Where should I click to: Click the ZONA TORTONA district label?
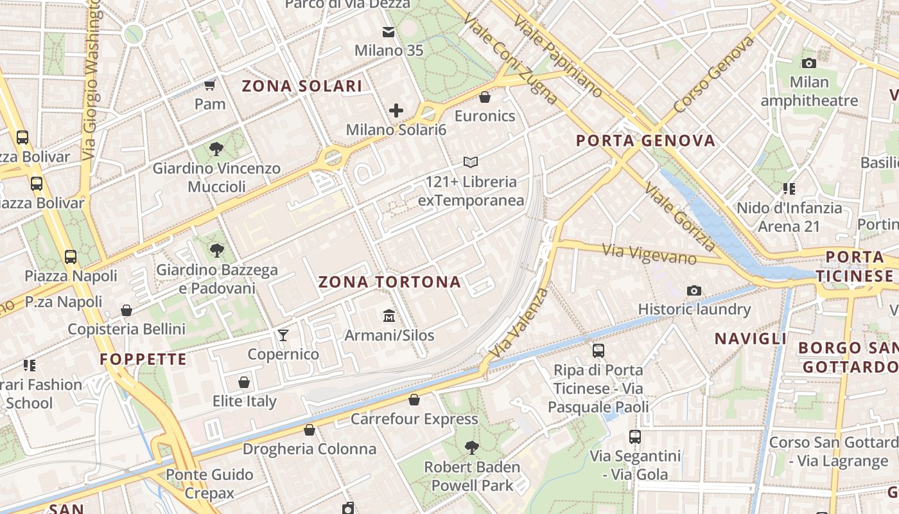[390, 282]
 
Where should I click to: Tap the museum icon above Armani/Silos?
[388, 316]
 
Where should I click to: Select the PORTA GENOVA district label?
[645, 141]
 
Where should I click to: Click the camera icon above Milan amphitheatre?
[808, 63]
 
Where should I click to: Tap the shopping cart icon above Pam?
[209, 85]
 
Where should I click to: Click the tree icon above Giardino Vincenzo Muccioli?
[216, 149]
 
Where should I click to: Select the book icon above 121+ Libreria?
[471, 163]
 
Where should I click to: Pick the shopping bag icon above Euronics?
[485, 97]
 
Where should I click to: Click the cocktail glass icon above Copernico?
[283, 335]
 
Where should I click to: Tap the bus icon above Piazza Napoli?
[71, 257]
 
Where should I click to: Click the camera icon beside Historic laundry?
[694, 290]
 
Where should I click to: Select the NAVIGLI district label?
[751, 339]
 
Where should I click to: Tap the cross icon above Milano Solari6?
[396, 111]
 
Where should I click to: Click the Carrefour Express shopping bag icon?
[414, 400]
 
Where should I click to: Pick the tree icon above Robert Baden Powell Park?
[472, 447]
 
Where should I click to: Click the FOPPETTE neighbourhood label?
[143, 359]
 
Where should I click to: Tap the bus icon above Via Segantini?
[635, 437]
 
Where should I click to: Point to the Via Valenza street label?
[519, 323]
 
